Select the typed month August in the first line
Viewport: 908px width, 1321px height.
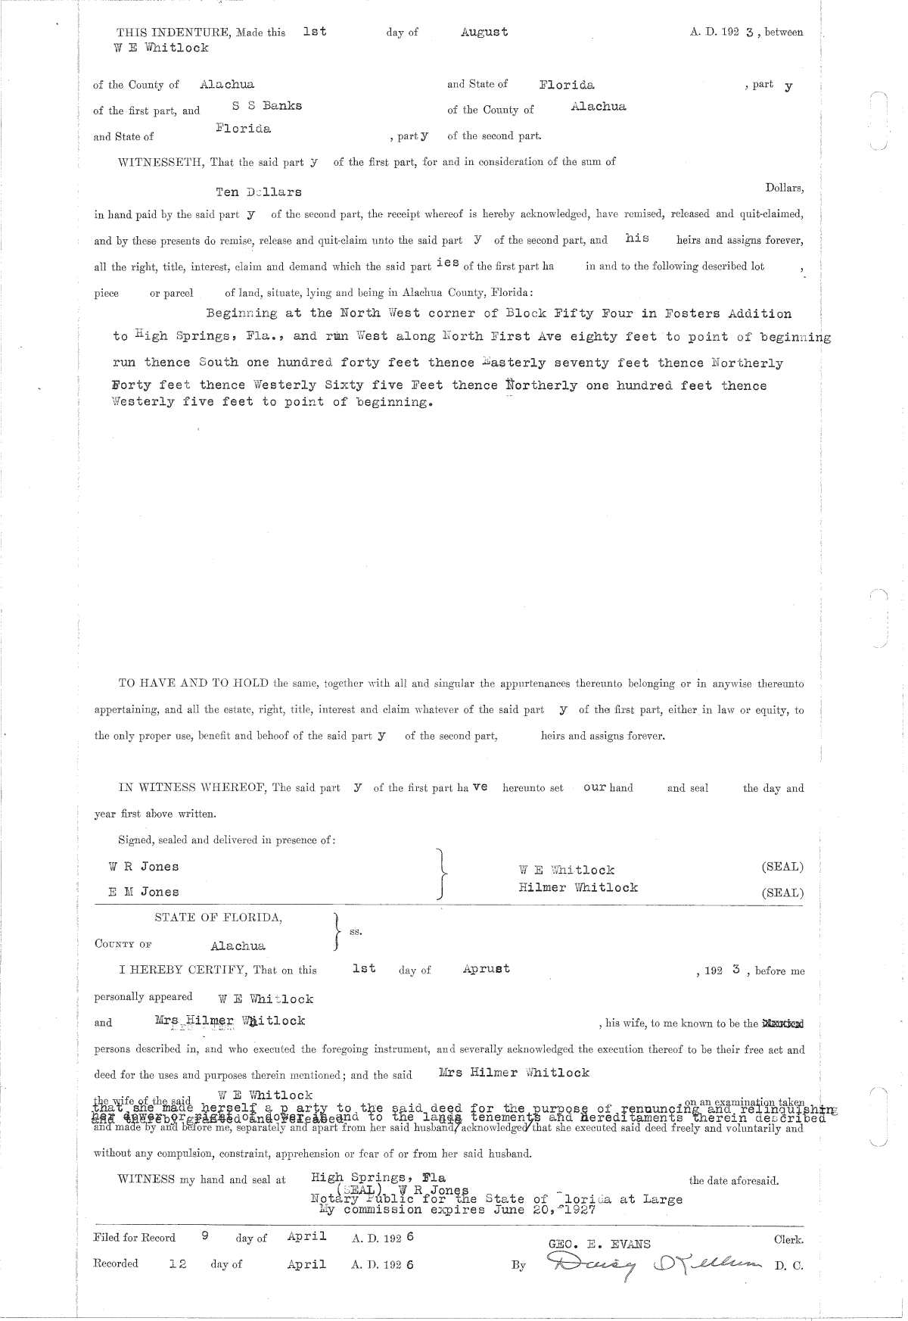tap(484, 32)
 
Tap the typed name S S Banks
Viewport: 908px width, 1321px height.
tap(266, 106)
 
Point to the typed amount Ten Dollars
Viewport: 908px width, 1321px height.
tap(259, 192)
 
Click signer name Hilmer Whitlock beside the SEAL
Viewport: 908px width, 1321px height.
tap(578, 887)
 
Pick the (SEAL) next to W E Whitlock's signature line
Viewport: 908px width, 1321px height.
tap(782, 868)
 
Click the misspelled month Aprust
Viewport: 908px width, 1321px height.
tap(486, 969)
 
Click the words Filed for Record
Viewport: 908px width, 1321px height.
tap(134, 1238)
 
